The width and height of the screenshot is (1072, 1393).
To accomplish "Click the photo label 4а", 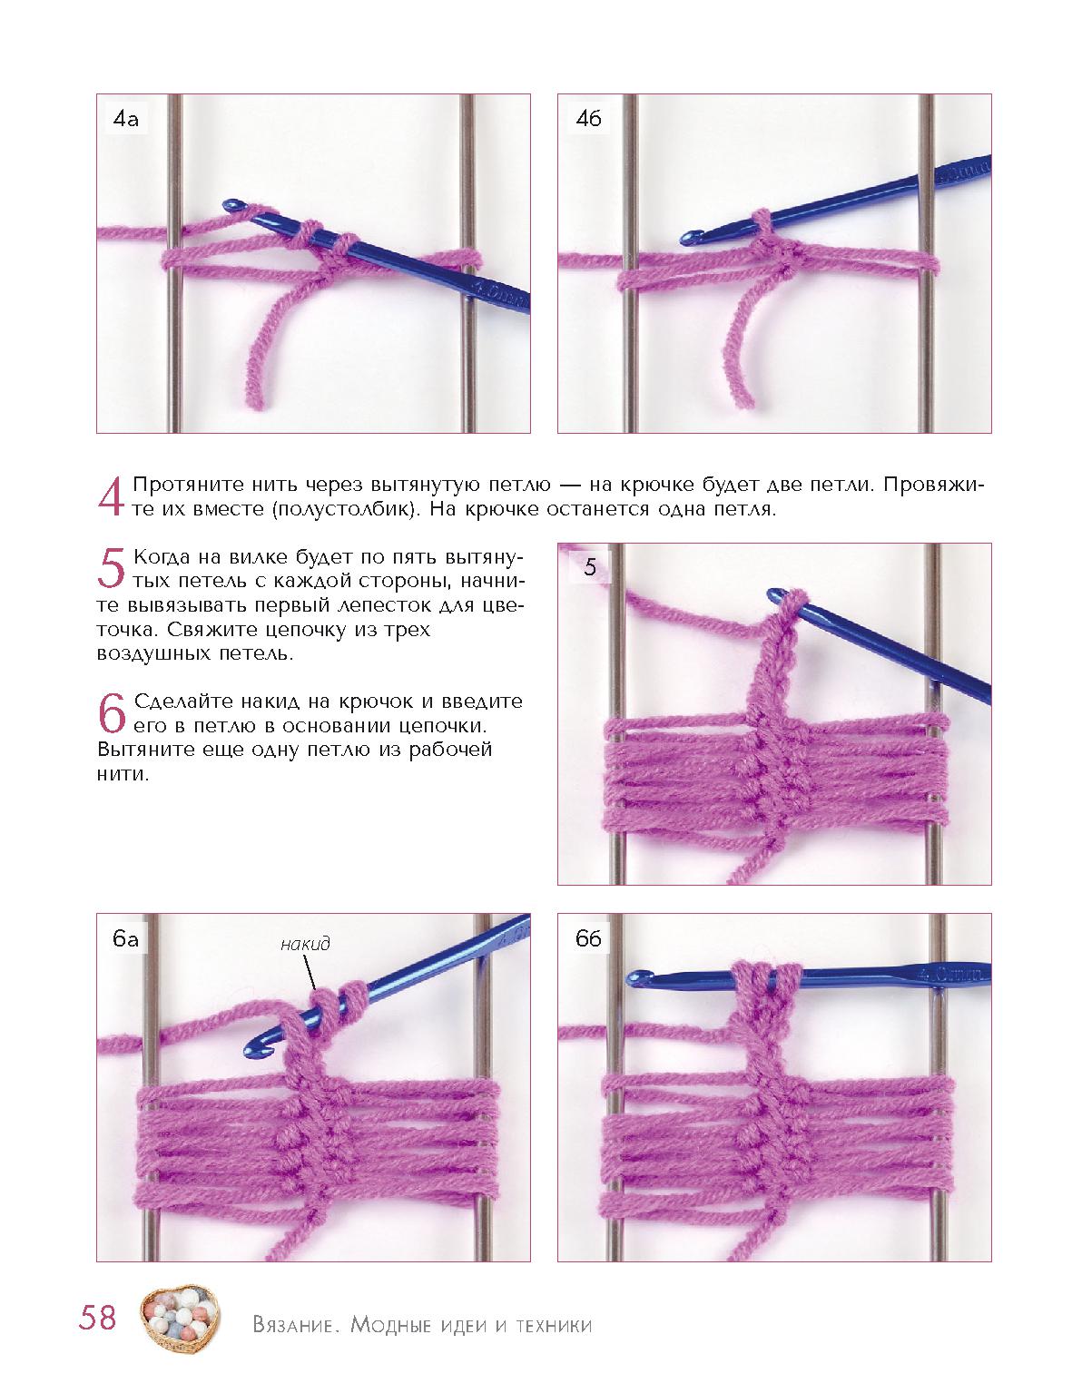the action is [125, 119].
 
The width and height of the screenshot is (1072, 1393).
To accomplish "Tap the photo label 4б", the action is [588, 119].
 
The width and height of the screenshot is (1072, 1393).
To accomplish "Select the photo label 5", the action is [590, 566].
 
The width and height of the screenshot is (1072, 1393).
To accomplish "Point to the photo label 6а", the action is [125, 939].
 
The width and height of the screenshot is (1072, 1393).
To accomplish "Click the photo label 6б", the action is [588, 938].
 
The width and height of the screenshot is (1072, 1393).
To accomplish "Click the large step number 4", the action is [111, 496].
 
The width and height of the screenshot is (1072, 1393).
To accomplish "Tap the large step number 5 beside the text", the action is [111, 568].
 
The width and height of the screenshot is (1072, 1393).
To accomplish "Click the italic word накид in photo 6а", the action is [305, 943].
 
